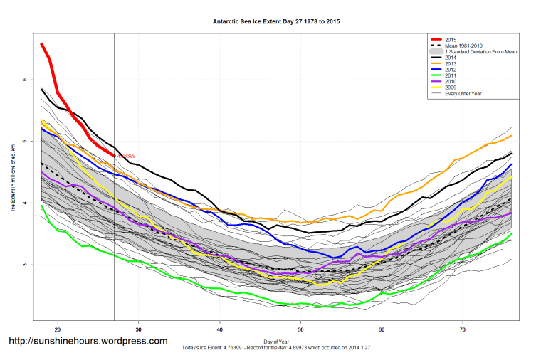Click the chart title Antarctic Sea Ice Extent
[276, 21]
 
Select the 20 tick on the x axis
[58, 329]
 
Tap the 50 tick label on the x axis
[301, 329]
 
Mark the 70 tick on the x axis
[463, 329]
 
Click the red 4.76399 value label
[125, 156]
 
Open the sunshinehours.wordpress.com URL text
[88, 342]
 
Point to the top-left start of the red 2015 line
[42, 44]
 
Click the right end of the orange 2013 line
[511, 135]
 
